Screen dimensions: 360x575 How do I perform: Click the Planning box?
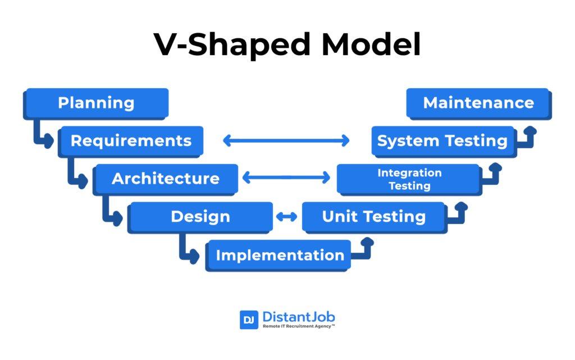pyautogui.click(x=96, y=103)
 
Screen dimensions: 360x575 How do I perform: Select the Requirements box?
pyautogui.click(x=131, y=140)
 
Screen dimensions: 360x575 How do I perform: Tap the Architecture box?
pyautogui.click(x=166, y=179)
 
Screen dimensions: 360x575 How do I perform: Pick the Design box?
pyautogui.click(x=200, y=216)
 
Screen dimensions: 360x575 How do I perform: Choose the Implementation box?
pyautogui.click(x=280, y=255)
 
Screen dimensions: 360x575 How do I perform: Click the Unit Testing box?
pyautogui.click(x=374, y=216)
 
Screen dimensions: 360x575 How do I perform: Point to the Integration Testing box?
pyautogui.click(x=409, y=179)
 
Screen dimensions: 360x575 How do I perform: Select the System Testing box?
pyautogui.click(x=442, y=140)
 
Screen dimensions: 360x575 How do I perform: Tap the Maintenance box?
pyautogui.click(x=478, y=103)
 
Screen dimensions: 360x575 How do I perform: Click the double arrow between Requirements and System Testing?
pyautogui.click(x=286, y=140)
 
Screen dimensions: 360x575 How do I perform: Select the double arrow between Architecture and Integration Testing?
pyautogui.click(x=286, y=179)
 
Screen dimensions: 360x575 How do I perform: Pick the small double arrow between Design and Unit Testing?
pyautogui.click(x=286, y=216)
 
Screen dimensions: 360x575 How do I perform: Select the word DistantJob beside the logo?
pyautogui.click(x=299, y=316)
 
